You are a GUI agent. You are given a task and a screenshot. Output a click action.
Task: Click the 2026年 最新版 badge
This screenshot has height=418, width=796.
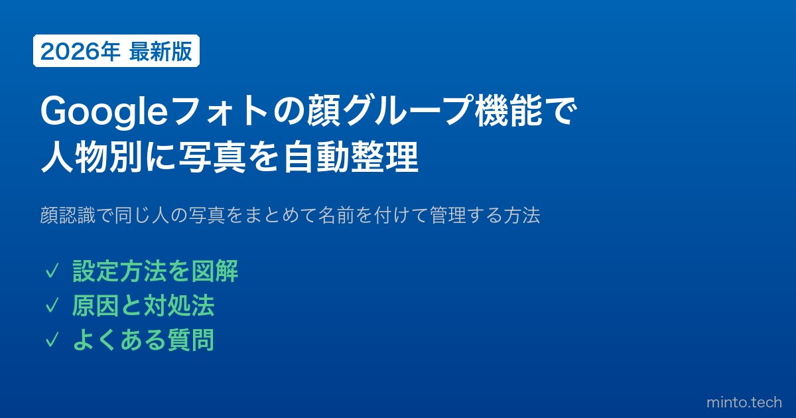(x=116, y=51)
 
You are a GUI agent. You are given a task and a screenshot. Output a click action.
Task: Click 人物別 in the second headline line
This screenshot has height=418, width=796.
(x=92, y=157)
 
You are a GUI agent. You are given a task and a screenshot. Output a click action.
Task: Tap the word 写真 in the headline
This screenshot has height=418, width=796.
(x=212, y=157)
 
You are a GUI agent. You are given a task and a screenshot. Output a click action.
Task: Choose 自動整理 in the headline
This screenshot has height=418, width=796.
(x=350, y=157)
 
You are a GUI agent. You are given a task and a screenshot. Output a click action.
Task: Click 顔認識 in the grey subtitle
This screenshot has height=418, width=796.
(x=68, y=215)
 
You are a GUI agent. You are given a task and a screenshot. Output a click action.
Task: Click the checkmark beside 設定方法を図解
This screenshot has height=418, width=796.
(x=52, y=272)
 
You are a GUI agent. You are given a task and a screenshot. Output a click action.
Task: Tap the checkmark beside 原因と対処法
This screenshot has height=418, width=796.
(x=52, y=306)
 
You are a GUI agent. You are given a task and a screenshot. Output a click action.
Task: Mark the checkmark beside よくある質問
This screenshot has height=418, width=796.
(x=52, y=340)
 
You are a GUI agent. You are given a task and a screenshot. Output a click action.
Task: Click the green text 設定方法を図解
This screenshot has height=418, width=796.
(x=155, y=271)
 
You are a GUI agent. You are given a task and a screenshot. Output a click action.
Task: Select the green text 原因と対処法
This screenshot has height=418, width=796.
(x=143, y=305)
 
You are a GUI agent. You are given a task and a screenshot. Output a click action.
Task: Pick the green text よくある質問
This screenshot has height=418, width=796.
(x=143, y=340)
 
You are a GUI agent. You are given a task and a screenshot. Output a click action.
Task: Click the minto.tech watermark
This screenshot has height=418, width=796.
(x=744, y=403)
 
